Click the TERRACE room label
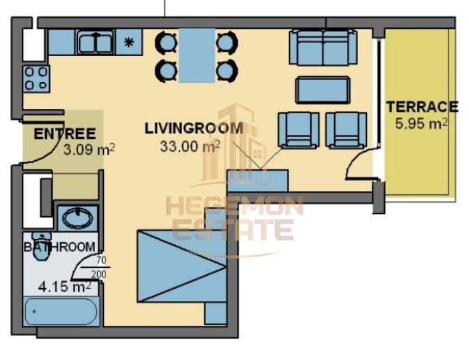coord(422,107)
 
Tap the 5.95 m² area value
coord(421,123)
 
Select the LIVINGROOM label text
coord(194,128)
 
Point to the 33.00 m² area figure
coord(190,146)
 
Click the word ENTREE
coord(64,133)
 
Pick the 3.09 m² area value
coord(89,149)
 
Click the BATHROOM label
coord(59,247)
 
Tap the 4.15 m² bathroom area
coord(64,287)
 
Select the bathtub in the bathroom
coord(61,311)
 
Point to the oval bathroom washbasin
coord(77,218)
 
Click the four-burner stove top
coord(36,79)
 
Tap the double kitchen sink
coord(96,42)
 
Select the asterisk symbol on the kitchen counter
coord(129,42)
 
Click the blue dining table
coord(197,55)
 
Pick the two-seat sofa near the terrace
coord(323,47)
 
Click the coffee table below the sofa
coord(322,90)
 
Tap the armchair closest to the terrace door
coord(346,130)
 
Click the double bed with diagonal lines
coord(181,266)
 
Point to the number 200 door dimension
coord(99,274)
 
